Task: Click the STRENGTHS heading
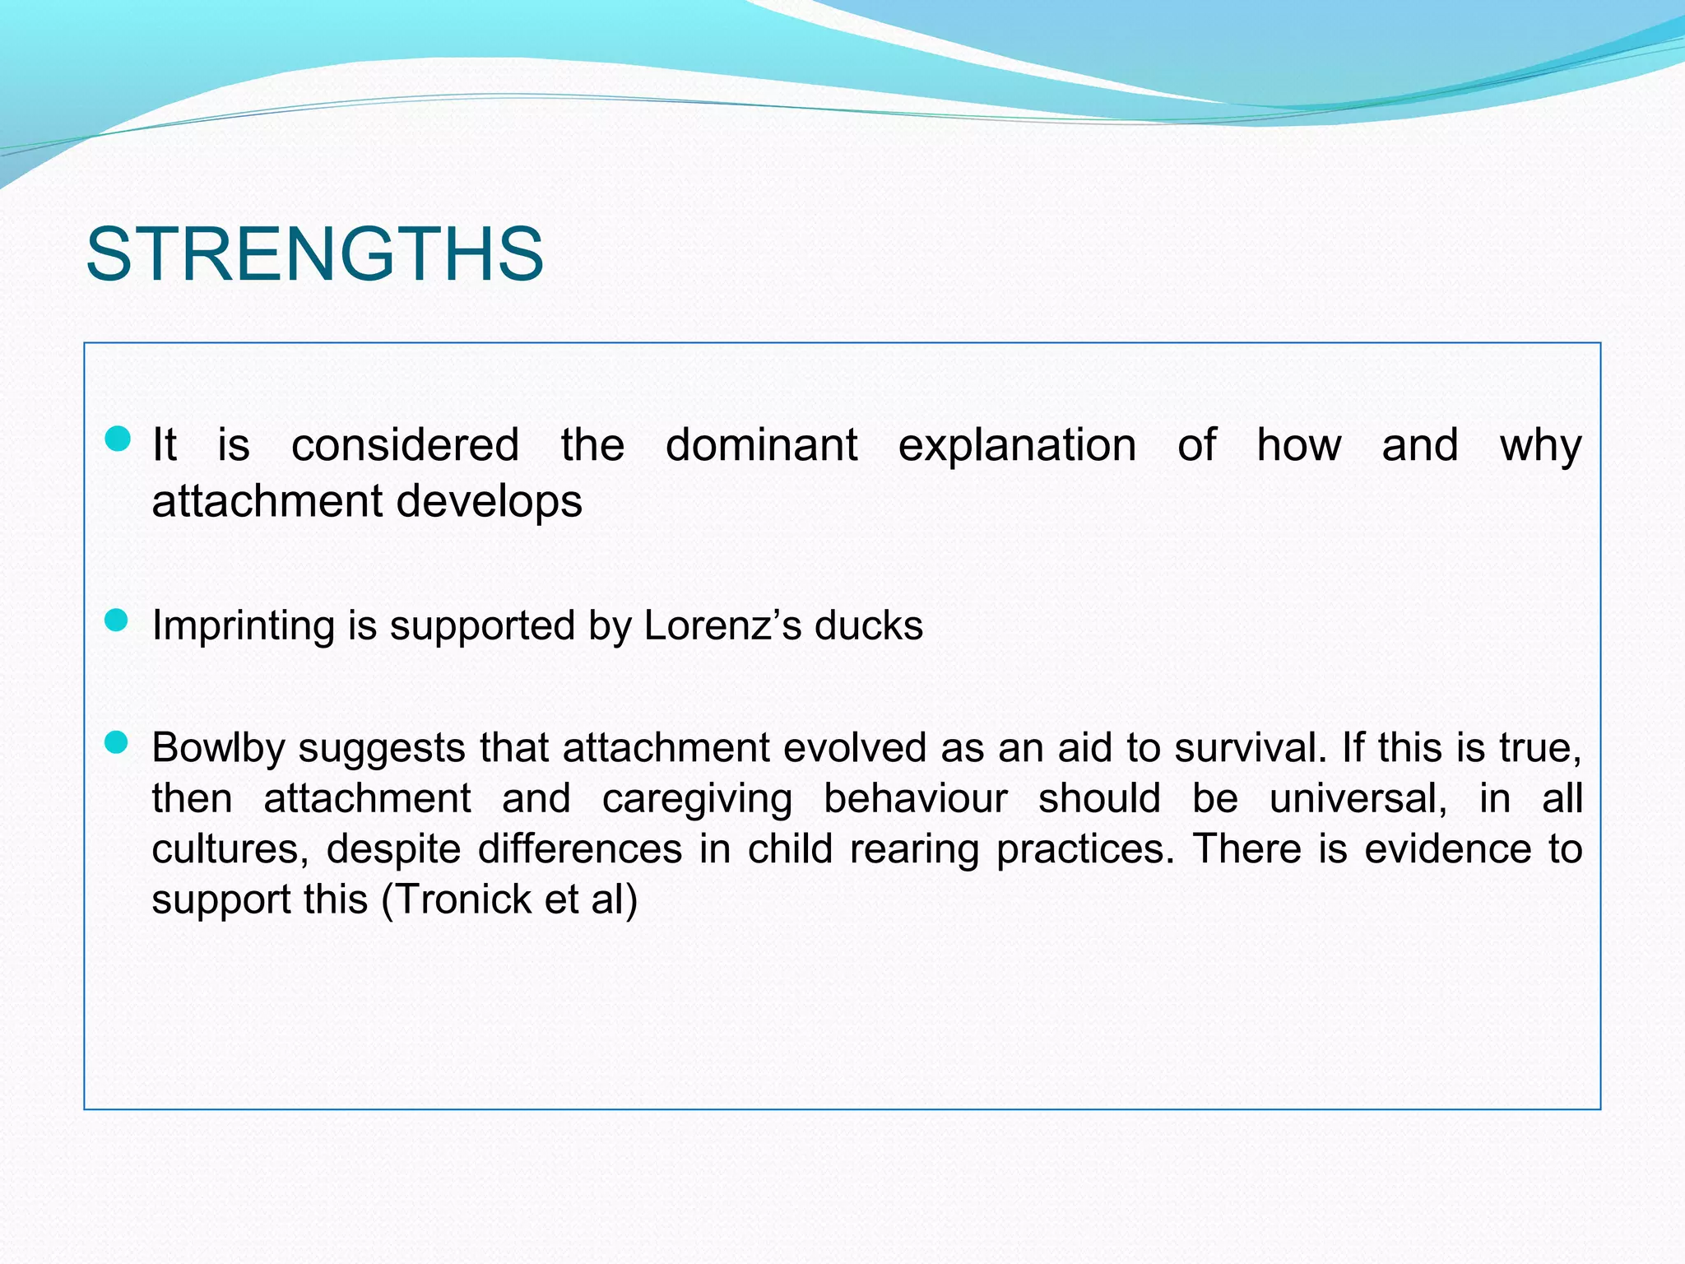pyautogui.click(x=314, y=254)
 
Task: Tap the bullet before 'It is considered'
pyautogui.click(x=118, y=439)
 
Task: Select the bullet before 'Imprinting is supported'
pyautogui.click(x=117, y=620)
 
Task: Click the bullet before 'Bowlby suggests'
pyautogui.click(x=117, y=742)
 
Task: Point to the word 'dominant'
pyautogui.click(x=761, y=445)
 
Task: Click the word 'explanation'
pyautogui.click(x=1017, y=447)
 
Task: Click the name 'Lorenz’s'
pyautogui.click(x=722, y=625)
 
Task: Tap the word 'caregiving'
pyautogui.click(x=697, y=799)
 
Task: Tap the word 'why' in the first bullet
pyautogui.click(x=1540, y=447)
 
